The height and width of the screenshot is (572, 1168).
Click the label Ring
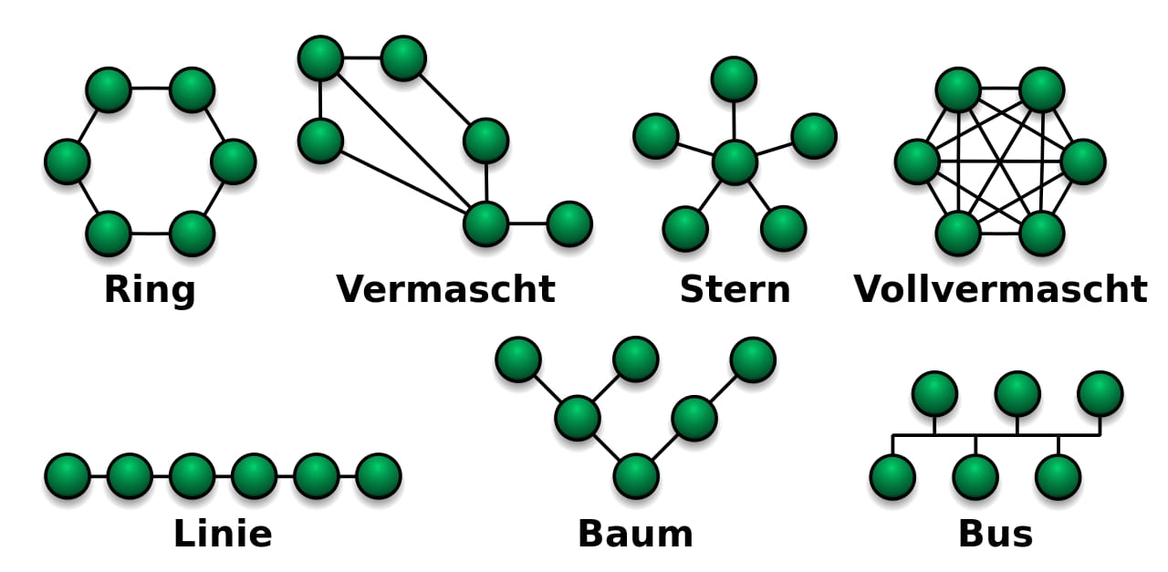(x=150, y=290)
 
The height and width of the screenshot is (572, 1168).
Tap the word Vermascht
(x=445, y=290)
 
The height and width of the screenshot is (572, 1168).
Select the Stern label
(x=735, y=290)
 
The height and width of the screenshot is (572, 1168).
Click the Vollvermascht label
(x=1000, y=290)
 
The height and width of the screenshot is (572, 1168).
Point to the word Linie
(x=223, y=534)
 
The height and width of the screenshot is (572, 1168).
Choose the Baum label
(x=635, y=534)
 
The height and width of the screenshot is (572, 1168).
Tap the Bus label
(x=995, y=534)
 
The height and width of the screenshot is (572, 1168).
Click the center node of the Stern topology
(x=735, y=162)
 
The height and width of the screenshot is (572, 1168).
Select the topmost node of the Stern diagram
(x=734, y=79)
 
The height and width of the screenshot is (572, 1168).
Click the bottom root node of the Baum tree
(x=636, y=476)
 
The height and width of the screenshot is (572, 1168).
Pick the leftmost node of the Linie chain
(x=68, y=476)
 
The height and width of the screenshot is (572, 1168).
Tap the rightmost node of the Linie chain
(x=379, y=476)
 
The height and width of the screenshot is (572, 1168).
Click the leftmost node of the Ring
(x=68, y=161)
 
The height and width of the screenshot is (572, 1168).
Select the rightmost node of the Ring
(x=233, y=161)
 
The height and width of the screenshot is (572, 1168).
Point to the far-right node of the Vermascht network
(x=569, y=224)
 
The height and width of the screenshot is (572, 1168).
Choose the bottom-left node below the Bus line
(x=892, y=477)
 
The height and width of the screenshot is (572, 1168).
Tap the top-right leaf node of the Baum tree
(x=753, y=359)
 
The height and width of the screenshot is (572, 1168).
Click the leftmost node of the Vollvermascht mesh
(x=917, y=161)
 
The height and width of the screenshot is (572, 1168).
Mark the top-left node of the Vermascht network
(x=320, y=58)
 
